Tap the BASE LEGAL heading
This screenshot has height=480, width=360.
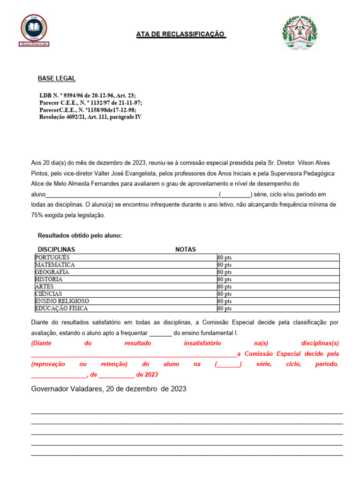click(57, 78)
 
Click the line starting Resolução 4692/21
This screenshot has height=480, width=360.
click(90, 117)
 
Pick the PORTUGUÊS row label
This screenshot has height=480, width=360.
click(52, 257)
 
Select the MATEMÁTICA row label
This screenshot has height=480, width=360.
click(55, 265)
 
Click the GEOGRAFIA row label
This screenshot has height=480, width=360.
click(52, 272)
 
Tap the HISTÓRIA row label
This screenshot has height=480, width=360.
click(49, 279)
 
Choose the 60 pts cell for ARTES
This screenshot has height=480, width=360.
click(225, 286)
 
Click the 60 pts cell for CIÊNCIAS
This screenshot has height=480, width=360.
click(225, 294)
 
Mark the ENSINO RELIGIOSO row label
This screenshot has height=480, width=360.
click(62, 301)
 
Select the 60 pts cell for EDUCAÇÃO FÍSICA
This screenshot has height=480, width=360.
click(225, 308)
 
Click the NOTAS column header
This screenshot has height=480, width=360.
click(186, 249)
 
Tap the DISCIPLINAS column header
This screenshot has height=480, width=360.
click(56, 249)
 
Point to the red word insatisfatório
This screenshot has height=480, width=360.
click(202, 343)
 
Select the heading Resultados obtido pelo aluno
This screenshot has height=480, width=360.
click(80, 235)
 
